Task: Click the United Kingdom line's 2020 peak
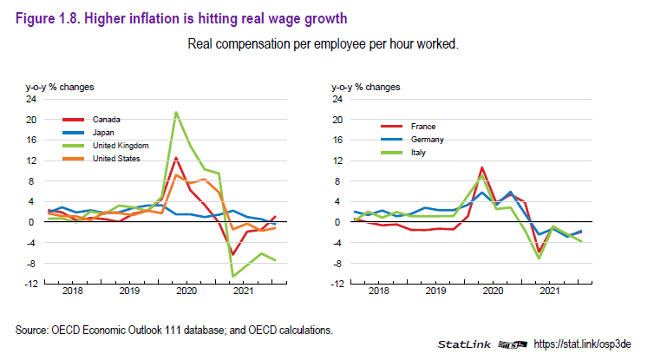[x=176, y=112]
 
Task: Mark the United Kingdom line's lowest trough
[x=232, y=276]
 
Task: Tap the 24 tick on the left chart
[x=31, y=99]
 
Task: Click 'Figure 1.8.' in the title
[x=40, y=15]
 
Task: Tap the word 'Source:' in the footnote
[x=32, y=330]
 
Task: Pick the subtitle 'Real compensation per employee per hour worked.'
[x=327, y=43]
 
